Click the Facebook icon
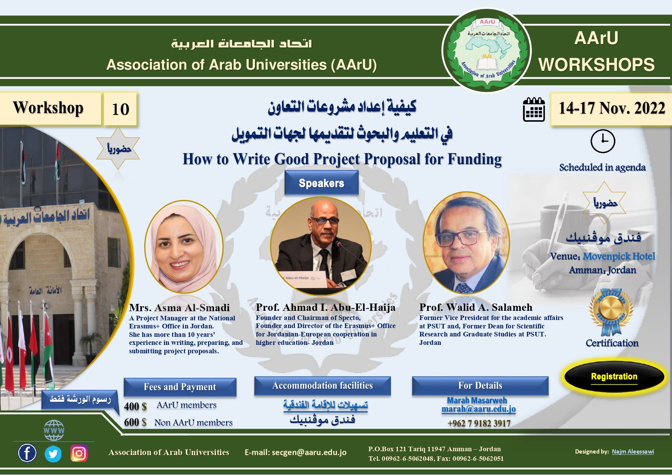click(x=27, y=453)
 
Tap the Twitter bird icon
click(x=53, y=454)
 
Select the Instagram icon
click(x=79, y=454)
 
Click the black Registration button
click(x=614, y=377)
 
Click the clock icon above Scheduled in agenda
click(x=603, y=141)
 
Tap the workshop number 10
click(x=120, y=109)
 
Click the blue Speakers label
click(x=321, y=183)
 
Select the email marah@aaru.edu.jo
click(x=479, y=409)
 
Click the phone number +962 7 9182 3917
click(x=479, y=423)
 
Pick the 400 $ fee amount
click(x=135, y=406)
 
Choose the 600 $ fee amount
click(x=135, y=422)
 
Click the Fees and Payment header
click(x=180, y=387)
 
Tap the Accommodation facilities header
click(x=322, y=386)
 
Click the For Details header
click(x=480, y=386)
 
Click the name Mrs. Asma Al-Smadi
click(x=179, y=308)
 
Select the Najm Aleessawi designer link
click(x=633, y=452)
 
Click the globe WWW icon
click(x=54, y=431)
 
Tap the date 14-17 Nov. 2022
click(x=612, y=108)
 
